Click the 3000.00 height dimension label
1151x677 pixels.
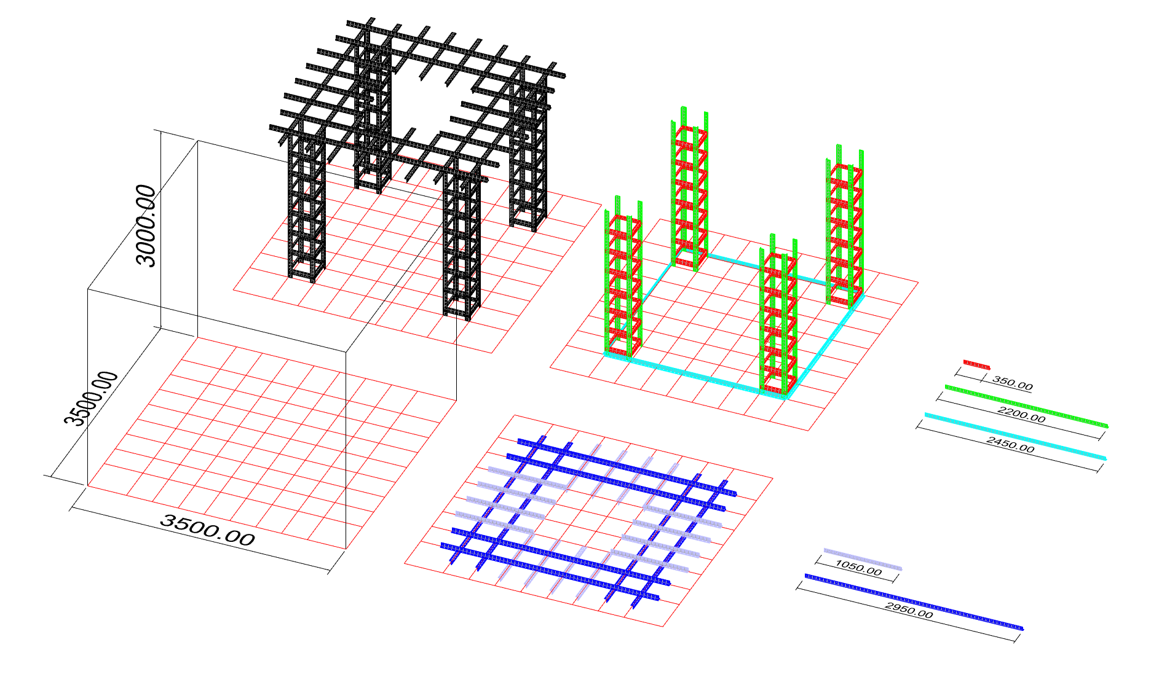146,225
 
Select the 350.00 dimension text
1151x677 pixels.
1012,384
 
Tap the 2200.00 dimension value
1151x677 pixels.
1022,415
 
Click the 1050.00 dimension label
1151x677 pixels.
858,568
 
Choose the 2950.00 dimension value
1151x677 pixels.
909,610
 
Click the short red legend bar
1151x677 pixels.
976,364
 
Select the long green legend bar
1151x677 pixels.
1026,406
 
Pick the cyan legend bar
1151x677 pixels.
1015,436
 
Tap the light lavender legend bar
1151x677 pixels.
863,558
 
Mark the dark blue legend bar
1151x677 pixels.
914,603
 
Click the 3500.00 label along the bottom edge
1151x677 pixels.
207,530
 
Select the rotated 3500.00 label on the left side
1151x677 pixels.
91,399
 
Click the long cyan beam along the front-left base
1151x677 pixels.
695,375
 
